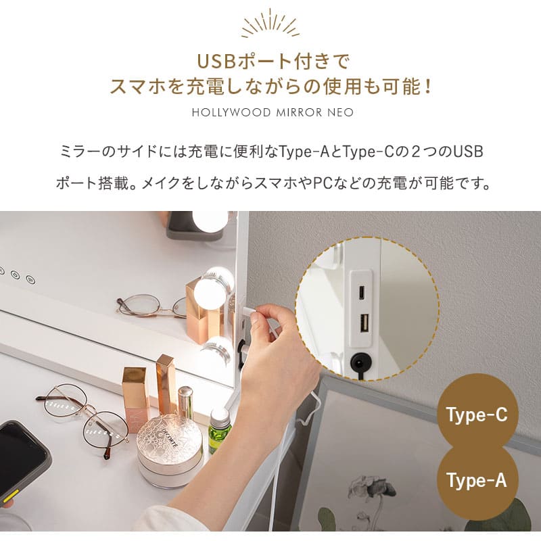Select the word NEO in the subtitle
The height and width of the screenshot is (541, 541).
(340, 112)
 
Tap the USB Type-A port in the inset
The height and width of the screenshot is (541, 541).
(363, 324)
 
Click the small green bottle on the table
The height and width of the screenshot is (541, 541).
(219, 429)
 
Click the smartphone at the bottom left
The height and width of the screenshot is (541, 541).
(22, 460)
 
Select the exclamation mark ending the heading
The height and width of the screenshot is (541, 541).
(426, 87)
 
